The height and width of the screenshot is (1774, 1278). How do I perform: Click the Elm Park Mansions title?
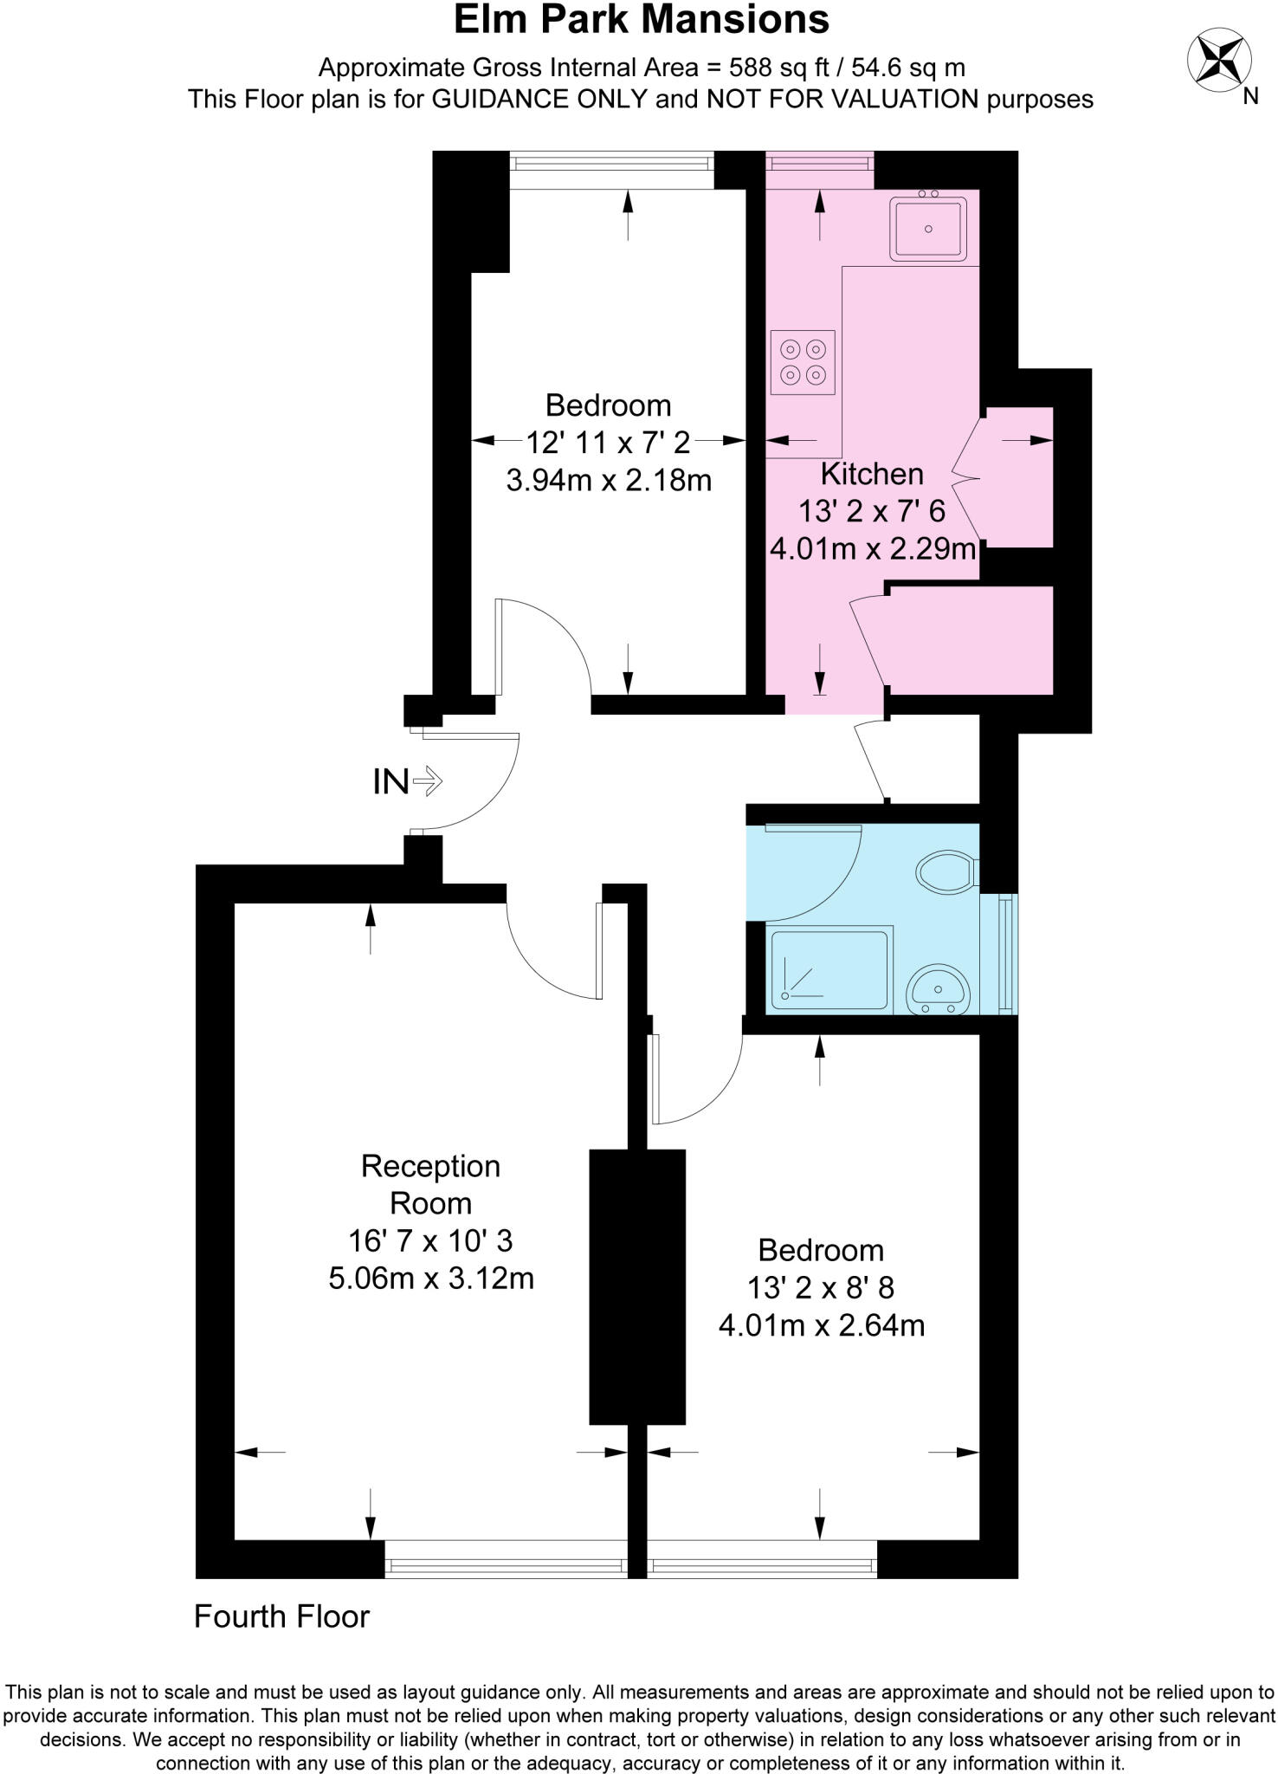[x=642, y=20]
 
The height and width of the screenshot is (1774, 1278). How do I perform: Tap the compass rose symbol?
[x=1218, y=59]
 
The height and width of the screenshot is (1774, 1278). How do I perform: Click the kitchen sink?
[x=928, y=229]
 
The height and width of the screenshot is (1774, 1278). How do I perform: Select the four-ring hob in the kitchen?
[x=803, y=362]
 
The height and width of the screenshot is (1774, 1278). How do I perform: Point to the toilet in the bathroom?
[x=947, y=871]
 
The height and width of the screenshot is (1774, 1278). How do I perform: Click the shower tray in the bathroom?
[x=829, y=969]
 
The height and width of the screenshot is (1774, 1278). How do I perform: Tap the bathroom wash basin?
[x=939, y=988]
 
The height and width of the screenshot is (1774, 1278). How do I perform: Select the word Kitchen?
[x=871, y=474]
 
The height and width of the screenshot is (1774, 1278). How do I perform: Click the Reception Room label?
[x=430, y=1184]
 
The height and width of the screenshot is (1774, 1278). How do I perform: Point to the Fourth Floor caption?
[x=281, y=1616]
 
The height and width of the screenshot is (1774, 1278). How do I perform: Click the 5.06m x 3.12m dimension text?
[x=430, y=1279]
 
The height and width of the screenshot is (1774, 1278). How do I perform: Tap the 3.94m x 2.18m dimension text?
[x=609, y=480]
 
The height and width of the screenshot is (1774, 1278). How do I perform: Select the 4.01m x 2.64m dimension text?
[x=821, y=1325]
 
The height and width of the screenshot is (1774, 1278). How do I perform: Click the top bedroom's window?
[x=611, y=170]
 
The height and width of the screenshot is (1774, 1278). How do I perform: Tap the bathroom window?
[x=1005, y=953]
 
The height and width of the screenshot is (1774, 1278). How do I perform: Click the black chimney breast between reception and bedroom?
[x=637, y=1286]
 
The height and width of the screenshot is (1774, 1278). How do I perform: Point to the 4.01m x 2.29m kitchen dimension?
[x=873, y=549]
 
